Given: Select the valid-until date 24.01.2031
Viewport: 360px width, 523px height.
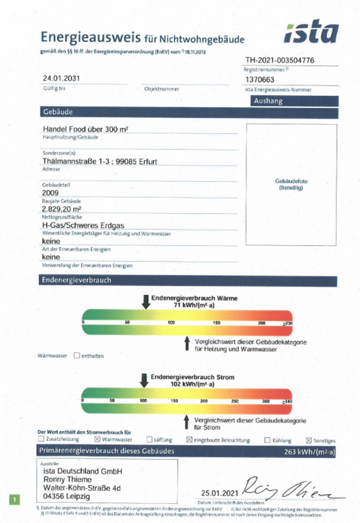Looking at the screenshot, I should (x=61, y=78).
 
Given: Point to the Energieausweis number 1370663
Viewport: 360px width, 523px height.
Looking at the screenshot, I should (x=260, y=80).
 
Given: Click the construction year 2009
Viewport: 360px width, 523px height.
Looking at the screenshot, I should (x=51, y=192).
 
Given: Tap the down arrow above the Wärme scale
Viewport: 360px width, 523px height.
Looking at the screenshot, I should (x=145, y=301).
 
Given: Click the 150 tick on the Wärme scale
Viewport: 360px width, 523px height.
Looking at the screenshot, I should (x=216, y=323).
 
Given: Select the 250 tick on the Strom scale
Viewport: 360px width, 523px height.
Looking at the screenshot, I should (x=235, y=401).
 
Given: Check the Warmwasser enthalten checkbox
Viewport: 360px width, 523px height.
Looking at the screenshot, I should (x=77, y=355).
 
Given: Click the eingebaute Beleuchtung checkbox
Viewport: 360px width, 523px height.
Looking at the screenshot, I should (x=189, y=440).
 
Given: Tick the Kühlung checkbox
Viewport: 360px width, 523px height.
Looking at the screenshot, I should (x=268, y=440).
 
